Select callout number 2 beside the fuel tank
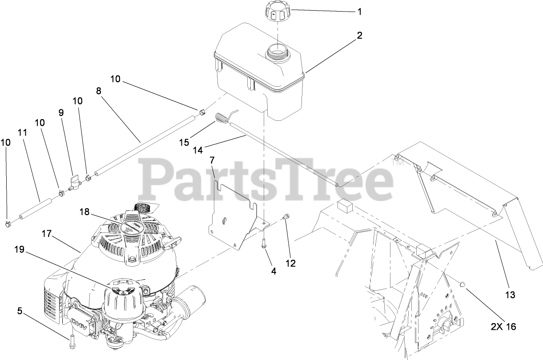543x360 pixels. pos(359,36)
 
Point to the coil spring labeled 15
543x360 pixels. pos(223,119)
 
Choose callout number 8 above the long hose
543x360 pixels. pos(98,91)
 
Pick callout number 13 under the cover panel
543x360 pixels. pos(510,294)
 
